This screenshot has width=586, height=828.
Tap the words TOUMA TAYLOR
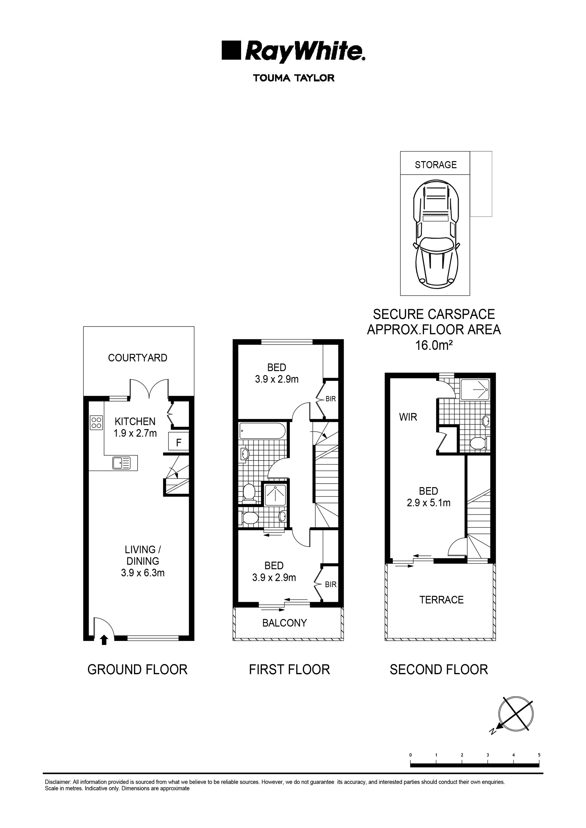[294, 78]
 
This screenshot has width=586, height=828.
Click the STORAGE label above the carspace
[436, 165]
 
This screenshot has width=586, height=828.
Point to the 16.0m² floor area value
[434, 345]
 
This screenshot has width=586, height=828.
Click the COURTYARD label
[137, 358]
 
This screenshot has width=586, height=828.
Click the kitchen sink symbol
[121, 463]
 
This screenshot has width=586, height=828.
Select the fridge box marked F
[179, 442]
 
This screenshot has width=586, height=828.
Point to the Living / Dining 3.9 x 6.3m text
[143, 561]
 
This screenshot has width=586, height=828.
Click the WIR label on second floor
[408, 417]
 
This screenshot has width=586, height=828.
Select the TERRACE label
[441, 600]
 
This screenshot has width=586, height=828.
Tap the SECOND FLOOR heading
[439, 670]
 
